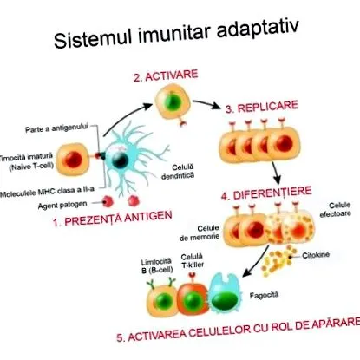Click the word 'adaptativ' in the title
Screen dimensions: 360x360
(x=258, y=29)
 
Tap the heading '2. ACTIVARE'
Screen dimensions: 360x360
(x=166, y=76)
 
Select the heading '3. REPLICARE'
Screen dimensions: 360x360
(x=262, y=107)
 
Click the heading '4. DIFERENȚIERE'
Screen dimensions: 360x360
(x=266, y=193)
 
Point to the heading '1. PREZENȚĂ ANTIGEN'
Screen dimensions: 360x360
(x=113, y=219)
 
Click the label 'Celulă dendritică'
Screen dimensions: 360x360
(x=178, y=172)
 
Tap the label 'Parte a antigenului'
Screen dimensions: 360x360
(x=56, y=128)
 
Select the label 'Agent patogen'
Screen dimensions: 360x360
(x=62, y=205)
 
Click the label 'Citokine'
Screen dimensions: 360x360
(x=316, y=255)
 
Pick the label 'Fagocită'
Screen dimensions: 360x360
(x=264, y=295)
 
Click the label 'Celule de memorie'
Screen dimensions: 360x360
(x=200, y=233)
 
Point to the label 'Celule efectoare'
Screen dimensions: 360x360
(x=336, y=210)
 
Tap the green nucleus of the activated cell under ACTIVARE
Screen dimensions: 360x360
(x=173, y=101)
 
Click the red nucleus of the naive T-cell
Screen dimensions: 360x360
(x=73, y=160)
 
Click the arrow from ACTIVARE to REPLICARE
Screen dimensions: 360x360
(x=206, y=104)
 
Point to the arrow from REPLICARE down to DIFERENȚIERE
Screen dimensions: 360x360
(x=276, y=173)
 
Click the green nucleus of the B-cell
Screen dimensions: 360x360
(x=162, y=301)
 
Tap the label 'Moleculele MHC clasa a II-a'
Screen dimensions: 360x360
(x=47, y=192)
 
